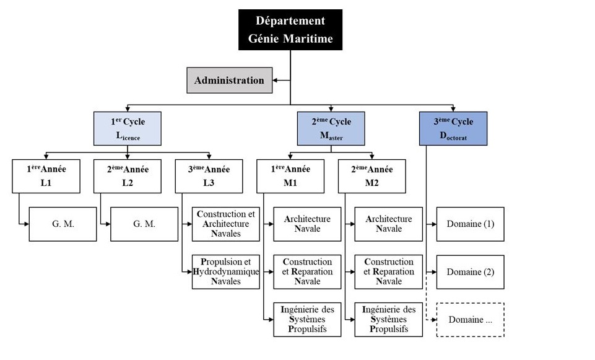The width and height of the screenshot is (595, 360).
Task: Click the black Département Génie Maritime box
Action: click(x=290, y=30)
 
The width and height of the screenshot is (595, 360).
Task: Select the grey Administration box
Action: click(x=230, y=80)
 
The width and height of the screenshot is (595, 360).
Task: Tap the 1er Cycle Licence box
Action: click(x=128, y=128)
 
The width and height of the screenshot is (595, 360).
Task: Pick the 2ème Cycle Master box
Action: click(x=331, y=128)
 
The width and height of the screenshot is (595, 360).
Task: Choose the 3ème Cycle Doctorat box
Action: click(x=453, y=128)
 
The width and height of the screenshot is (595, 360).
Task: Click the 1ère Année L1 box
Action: click(x=46, y=176)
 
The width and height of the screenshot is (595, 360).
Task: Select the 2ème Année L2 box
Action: click(x=128, y=176)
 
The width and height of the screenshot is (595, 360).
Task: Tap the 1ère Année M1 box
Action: click(x=291, y=176)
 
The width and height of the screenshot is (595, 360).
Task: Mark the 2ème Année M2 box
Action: click(x=372, y=176)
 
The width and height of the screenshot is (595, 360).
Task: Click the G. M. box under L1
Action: click(x=63, y=224)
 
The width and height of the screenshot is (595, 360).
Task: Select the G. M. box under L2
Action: click(x=144, y=224)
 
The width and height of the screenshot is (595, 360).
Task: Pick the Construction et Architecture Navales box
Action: click(x=225, y=224)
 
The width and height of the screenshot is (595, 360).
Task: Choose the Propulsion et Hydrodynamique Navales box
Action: click(x=225, y=271)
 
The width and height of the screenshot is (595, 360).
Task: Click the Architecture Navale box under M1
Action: click(x=307, y=224)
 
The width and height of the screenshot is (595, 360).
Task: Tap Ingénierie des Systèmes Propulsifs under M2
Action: click(x=389, y=319)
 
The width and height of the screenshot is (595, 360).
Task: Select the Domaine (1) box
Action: click(x=471, y=224)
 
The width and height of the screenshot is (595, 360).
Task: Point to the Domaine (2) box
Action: click(x=471, y=271)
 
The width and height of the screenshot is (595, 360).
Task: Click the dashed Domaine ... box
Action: click(x=471, y=319)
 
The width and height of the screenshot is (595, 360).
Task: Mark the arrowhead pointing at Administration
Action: click(x=276, y=80)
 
